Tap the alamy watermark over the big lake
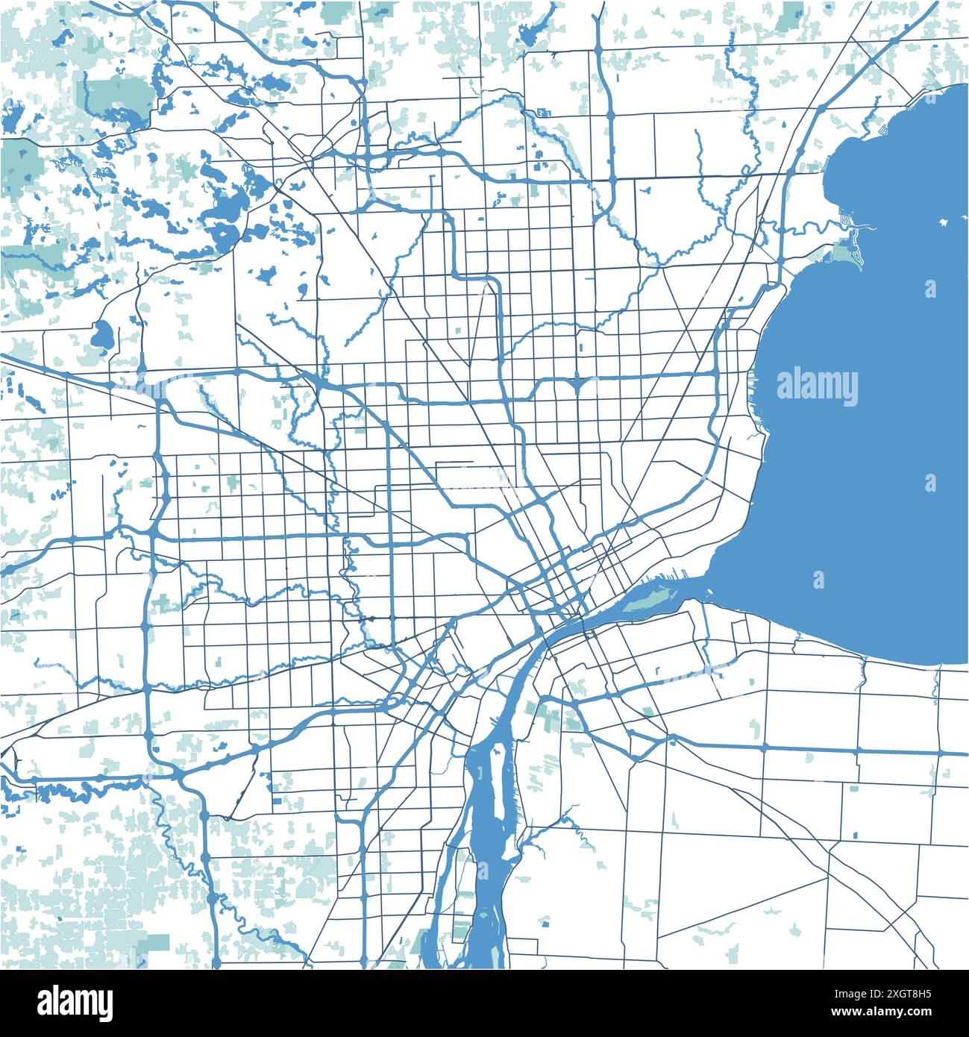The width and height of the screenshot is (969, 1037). pos(817,387)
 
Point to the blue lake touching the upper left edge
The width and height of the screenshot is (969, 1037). pos(11,119)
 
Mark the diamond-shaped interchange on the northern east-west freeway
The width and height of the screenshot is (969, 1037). pos(579,385)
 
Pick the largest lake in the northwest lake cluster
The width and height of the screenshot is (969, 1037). pos(224,224)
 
